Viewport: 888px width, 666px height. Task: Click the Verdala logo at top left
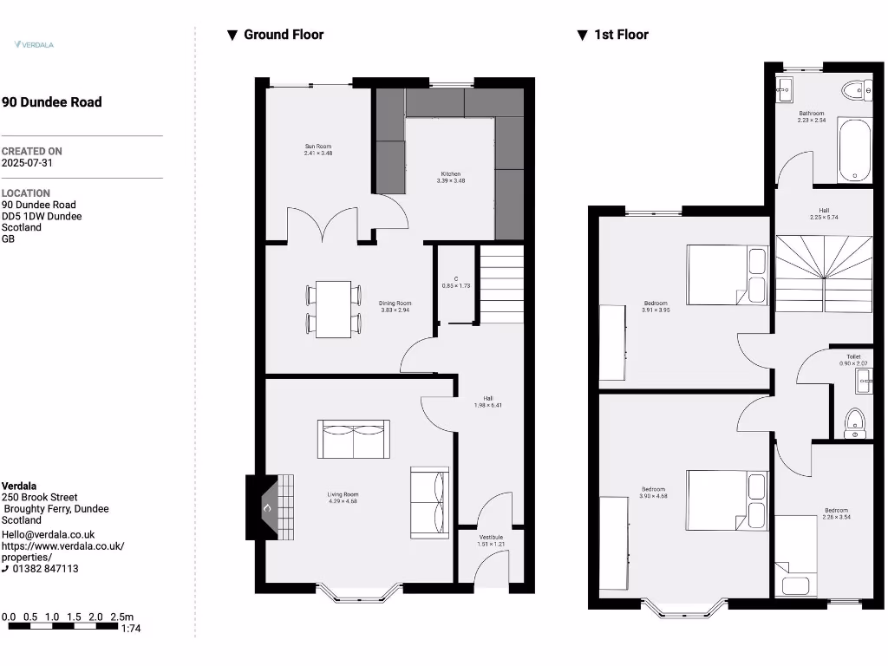click(x=34, y=43)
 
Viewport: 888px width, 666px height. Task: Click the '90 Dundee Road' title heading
click(x=52, y=102)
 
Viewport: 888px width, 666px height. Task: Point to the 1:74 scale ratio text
click(x=131, y=628)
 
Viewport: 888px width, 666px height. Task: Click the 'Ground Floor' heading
click(x=283, y=35)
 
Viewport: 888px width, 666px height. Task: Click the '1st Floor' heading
click(x=621, y=35)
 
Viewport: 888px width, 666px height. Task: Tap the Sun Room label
click(x=318, y=147)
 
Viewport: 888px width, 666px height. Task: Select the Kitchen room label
click(x=451, y=174)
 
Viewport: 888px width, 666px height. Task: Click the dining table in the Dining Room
click(x=333, y=309)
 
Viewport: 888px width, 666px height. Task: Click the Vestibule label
click(x=491, y=538)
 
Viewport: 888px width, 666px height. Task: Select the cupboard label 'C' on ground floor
click(x=456, y=278)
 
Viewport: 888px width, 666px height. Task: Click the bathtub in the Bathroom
click(x=854, y=150)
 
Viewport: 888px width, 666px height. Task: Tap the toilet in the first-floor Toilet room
click(x=855, y=422)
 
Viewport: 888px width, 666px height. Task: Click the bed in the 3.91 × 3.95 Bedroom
click(x=727, y=275)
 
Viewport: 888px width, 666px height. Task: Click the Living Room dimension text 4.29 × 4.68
click(x=343, y=501)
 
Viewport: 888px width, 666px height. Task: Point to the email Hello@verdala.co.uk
click(x=49, y=535)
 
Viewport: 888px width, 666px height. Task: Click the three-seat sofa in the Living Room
click(x=354, y=440)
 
